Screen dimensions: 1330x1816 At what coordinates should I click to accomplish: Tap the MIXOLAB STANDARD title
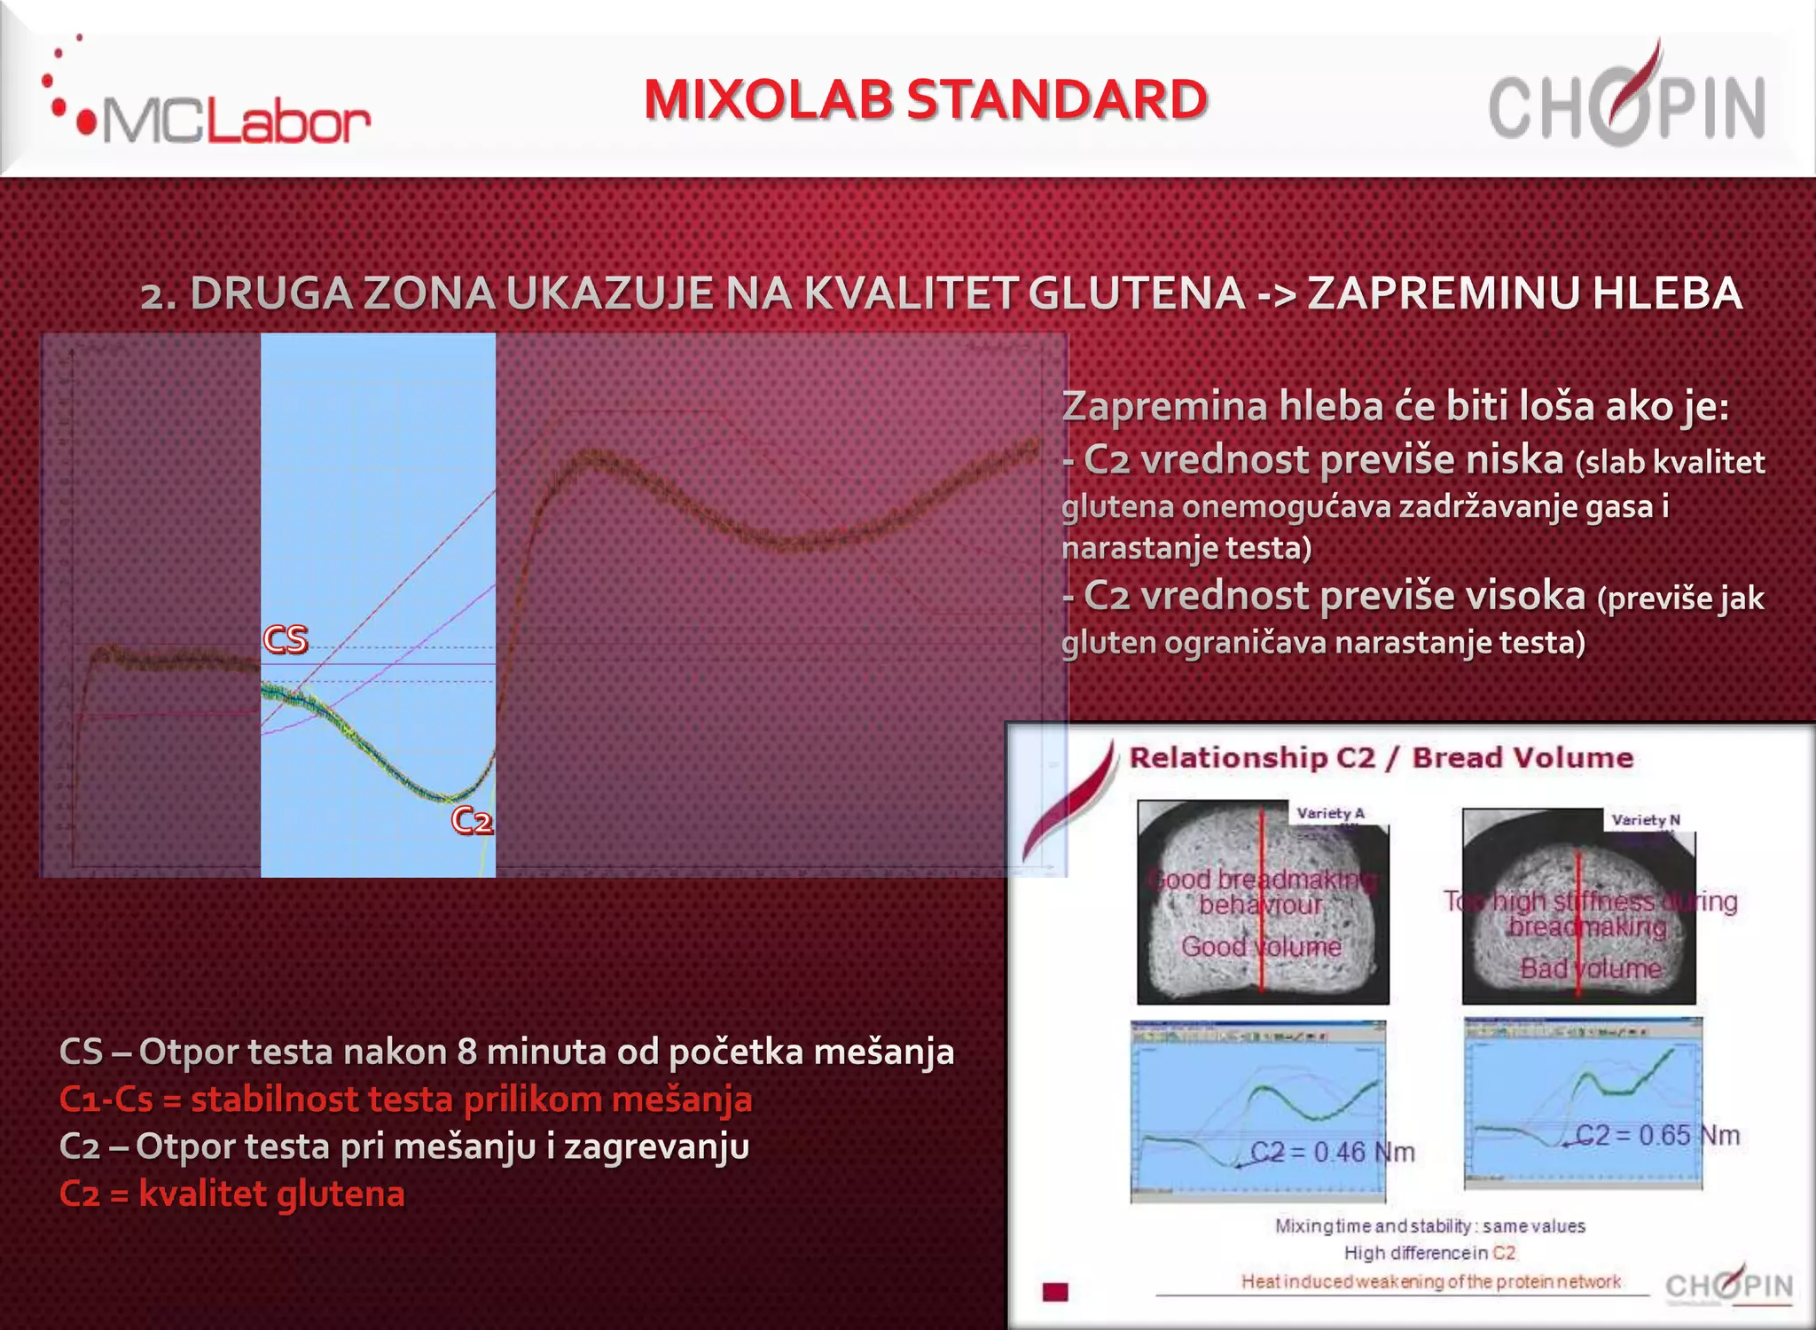pos(925,99)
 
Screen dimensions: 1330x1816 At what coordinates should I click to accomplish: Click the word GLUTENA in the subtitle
pos(1137,293)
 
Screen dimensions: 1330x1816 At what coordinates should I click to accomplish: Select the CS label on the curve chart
pos(286,639)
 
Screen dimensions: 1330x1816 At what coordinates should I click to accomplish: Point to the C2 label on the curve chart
pos(472,820)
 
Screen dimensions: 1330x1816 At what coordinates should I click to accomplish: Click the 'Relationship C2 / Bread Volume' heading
pos(1381,758)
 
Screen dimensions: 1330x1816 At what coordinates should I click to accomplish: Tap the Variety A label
pos(1330,813)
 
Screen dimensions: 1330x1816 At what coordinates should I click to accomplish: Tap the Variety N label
pos(1646,820)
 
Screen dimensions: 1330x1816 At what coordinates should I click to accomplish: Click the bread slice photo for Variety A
pos(1263,904)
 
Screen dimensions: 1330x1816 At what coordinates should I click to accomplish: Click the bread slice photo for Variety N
pos(1578,909)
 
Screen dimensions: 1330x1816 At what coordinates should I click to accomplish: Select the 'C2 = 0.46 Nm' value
pos(1332,1152)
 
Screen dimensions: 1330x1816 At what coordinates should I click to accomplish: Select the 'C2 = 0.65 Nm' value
pos(1656,1135)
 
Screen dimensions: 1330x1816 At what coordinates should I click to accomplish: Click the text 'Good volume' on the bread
pos(1261,947)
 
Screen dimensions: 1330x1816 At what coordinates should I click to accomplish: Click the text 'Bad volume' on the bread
pos(1590,968)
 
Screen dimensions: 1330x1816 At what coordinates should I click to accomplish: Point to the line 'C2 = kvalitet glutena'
pos(232,1194)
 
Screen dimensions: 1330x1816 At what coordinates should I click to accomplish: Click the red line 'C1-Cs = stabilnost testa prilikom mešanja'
pos(405,1099)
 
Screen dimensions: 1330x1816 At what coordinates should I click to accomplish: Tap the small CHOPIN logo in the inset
pos(1729,1285)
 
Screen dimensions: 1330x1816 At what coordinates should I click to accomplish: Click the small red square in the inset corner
pos(1055,1292)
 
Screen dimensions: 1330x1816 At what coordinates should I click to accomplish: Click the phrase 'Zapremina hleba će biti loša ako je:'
pos(1396,407)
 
